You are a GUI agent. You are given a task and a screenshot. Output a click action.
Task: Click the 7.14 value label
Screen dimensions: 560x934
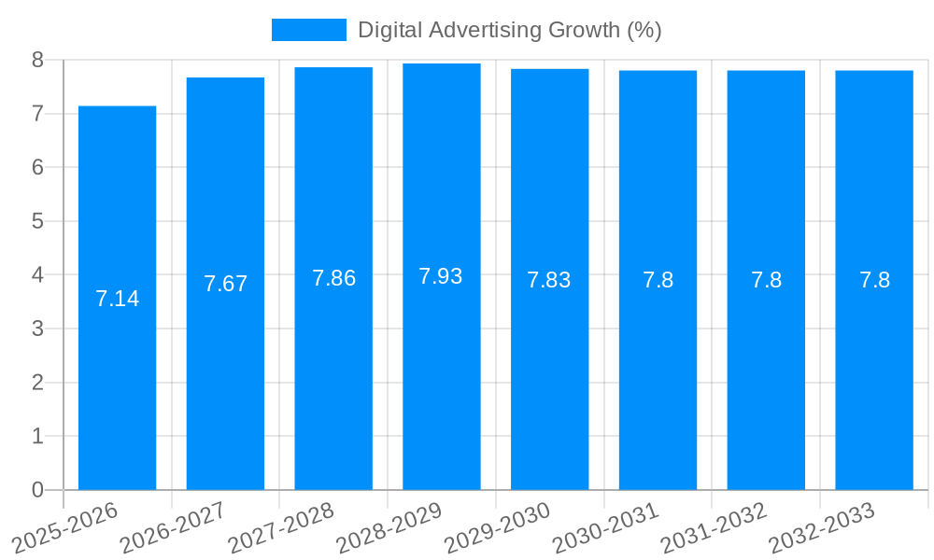tap(117, 299)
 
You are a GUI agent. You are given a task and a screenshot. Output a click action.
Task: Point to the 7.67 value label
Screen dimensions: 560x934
tap(225, 284)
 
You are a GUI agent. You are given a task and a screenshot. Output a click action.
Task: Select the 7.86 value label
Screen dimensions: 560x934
tap(333, 278)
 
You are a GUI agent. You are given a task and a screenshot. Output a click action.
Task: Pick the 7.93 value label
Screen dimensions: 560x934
tap(441, 276)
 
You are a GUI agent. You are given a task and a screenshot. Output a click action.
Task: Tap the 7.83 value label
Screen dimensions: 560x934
tap(548, 280)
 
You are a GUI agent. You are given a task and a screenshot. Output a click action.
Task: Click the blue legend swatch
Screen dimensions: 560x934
tap(308, 30)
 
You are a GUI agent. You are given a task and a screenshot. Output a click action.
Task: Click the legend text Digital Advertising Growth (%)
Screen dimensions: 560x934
tap(510, 30)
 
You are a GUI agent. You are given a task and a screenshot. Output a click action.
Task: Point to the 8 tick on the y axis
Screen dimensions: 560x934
tap(37, 60)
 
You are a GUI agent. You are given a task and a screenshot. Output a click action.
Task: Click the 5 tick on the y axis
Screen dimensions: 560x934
tap(37, 221)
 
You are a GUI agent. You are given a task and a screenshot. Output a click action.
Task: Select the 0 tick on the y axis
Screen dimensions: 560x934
tap(37, 490)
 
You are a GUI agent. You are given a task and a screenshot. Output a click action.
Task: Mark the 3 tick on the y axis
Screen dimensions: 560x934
tap(37, 329)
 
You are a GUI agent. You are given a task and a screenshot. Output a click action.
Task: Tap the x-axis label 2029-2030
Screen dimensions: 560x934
tap(496, 527)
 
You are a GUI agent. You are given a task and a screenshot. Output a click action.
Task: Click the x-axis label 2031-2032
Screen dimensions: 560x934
tap(713, 527)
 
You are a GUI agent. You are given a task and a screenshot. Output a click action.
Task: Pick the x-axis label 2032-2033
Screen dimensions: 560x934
tap(821, 527)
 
